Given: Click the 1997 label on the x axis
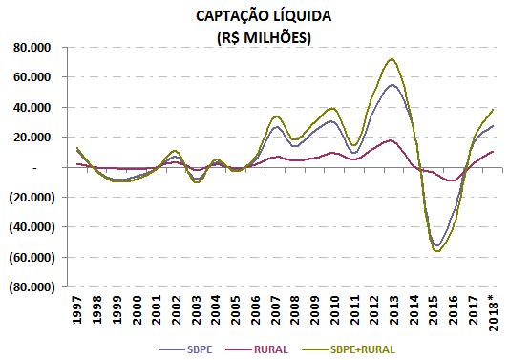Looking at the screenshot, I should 78,310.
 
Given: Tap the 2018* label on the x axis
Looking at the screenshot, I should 494,312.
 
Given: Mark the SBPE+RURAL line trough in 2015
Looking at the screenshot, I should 437,251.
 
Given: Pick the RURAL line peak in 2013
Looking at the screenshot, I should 392,140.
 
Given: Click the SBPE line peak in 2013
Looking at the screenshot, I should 392,85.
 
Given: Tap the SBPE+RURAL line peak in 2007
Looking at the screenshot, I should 275,116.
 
